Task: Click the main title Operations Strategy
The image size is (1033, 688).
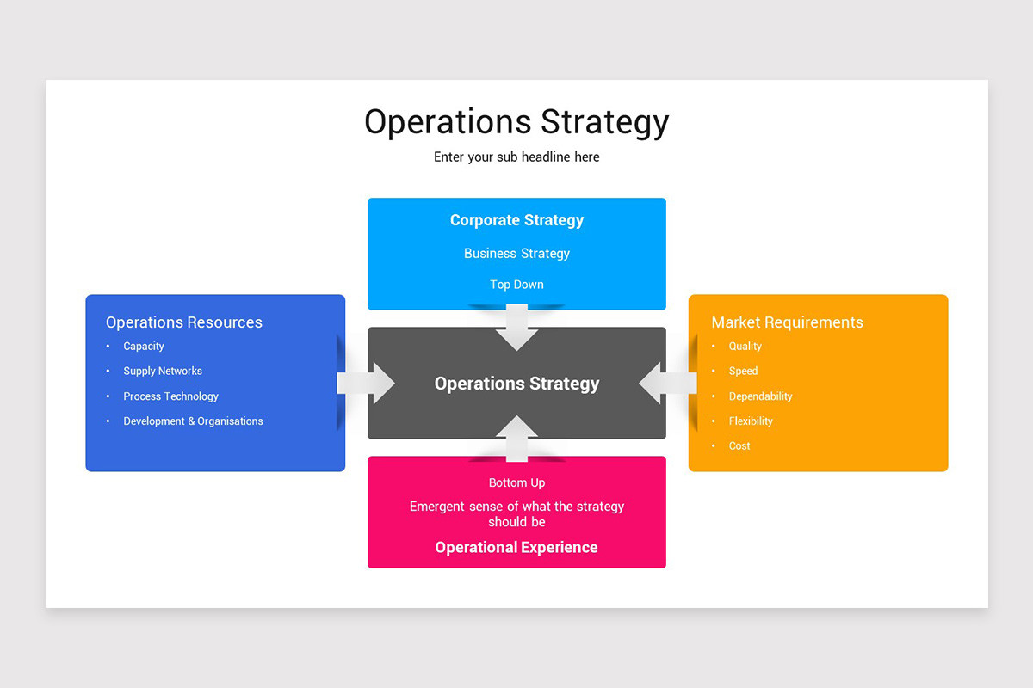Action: [516, 122]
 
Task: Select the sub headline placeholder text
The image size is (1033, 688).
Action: [516, 157]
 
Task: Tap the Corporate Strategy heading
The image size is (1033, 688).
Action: [516, 220]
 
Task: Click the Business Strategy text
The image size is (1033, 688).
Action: [516, 254]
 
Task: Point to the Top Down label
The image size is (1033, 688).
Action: [516, 285]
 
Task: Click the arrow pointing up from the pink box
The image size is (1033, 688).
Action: [516, 438]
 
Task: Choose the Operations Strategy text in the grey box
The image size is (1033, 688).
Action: [516, 384]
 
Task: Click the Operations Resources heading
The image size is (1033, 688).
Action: [184, 322]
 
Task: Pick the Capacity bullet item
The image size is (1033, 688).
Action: [144, 347]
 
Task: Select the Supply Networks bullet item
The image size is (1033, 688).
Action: [163, 372]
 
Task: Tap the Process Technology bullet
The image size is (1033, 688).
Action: [170, 396]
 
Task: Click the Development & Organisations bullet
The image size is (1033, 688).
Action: [193, 421]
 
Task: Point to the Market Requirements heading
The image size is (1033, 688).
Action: [787, 322]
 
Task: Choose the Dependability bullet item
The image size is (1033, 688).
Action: [760, 396]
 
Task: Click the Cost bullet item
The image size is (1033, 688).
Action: [739, 446]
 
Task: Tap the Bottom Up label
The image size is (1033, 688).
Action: [516, 483]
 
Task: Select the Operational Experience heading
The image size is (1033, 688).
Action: [516, 548]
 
